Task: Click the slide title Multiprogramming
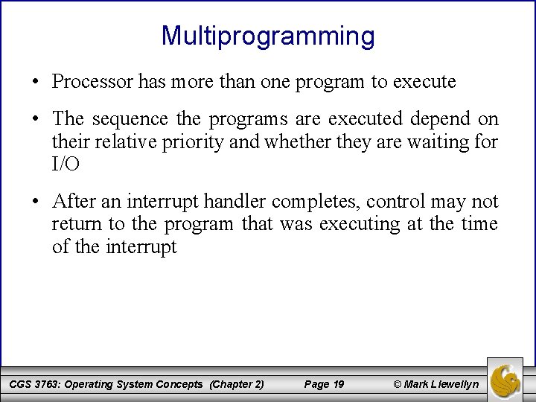268,35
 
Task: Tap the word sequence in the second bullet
127,120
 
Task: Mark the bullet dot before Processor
35,82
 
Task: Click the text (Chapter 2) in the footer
237,384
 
